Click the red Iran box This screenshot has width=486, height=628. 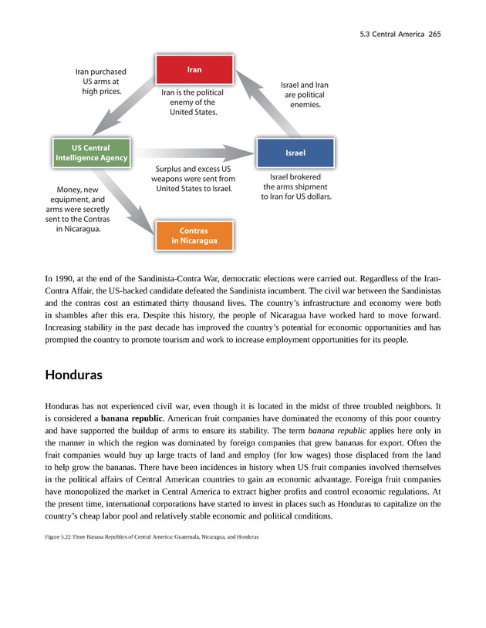coord(194,69)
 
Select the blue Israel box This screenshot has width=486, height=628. coord(295,153)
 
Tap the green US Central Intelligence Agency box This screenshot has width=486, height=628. coord(91,153)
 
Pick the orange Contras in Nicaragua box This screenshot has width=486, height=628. coord(194,235)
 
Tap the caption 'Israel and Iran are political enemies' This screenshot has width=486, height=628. coord(305,94)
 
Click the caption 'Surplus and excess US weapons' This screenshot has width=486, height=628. coord(194,178)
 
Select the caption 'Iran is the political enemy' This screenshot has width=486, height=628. coord(193,102)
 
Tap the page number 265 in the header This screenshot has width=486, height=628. coord(430,35)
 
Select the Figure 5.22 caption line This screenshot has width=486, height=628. coord(151,536)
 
